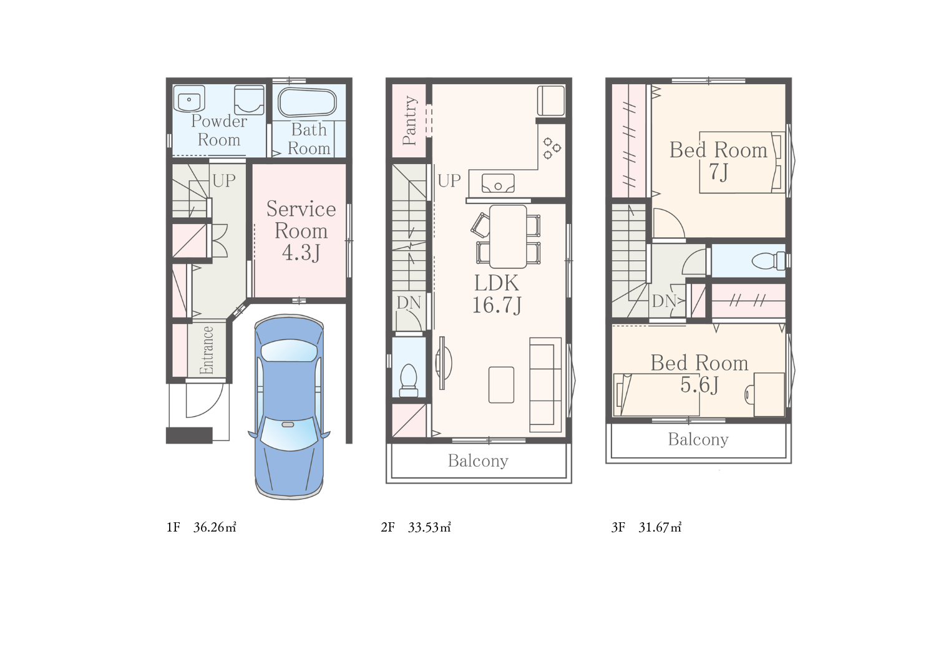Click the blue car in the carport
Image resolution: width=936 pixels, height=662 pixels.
(x=289, y=407)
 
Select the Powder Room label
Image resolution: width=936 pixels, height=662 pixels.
(x=219, y=130)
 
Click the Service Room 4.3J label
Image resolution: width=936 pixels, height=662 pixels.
(x=301, y=231)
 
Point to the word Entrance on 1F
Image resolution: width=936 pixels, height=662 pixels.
(x=207, y=350)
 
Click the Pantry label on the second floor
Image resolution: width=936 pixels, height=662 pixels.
(x=409, y=120)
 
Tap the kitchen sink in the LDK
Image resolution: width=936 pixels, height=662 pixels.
(x=498, y=183)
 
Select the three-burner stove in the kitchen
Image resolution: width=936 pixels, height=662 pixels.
(x=552, y=148)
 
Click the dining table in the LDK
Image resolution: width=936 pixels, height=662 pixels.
(x=508, y=236)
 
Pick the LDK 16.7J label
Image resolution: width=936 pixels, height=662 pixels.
(x=497, y=294)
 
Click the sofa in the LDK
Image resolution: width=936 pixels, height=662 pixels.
(x=545, y=384)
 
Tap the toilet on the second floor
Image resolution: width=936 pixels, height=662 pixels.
(x=409, y=381)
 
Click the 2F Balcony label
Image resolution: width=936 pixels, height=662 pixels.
(x=478, y=460)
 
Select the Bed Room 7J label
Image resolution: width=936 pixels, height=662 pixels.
(x=718, y=160)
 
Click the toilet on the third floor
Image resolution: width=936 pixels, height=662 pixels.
(x=768, y=261)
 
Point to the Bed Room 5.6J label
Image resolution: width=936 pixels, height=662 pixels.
(x=700, y=374)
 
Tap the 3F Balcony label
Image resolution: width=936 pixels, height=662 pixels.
(x=698, y=439)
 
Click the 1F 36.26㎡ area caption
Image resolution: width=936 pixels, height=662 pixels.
(x=202, y=527)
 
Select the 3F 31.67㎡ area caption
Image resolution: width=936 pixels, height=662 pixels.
(x=646, y=527)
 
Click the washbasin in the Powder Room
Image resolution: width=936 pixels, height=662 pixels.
(x=189, y=99)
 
